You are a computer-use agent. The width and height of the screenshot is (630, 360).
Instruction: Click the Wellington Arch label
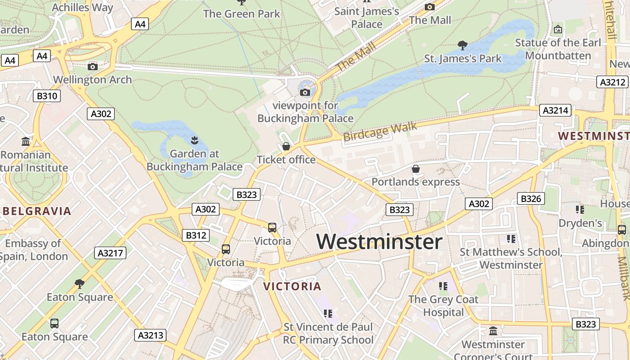[92, 80]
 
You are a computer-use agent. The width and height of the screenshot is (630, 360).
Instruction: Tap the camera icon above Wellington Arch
[93, 67]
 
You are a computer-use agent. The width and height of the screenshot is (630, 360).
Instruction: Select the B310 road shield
[47, 96]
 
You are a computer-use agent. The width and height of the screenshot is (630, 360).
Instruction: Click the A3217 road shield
[111, 253]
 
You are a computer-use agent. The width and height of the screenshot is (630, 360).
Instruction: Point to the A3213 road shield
[151, 335]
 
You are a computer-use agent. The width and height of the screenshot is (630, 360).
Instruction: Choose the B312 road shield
[196, 235]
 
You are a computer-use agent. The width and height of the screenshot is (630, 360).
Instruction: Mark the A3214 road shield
[555, 110]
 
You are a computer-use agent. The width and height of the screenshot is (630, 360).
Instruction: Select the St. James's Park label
[463, 58]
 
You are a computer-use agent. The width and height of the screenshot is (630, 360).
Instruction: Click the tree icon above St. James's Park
[462, 45]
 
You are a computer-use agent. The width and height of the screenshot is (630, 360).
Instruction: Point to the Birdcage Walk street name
[380, 131]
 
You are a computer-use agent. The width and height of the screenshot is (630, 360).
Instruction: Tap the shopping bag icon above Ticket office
[286, 146]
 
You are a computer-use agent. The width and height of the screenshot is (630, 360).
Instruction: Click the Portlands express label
[415, 182]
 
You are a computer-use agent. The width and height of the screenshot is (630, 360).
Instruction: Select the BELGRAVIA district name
[37, 211]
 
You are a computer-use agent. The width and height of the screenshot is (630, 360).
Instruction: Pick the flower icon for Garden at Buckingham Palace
[194, 140]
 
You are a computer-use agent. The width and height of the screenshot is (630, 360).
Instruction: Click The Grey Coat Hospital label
[443, 306]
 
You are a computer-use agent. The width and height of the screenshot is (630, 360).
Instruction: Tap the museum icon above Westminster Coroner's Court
[493, 331]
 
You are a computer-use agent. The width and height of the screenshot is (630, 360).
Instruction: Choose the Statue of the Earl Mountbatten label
[558, 49]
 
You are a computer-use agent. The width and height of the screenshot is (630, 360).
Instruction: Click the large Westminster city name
[379, 242]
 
